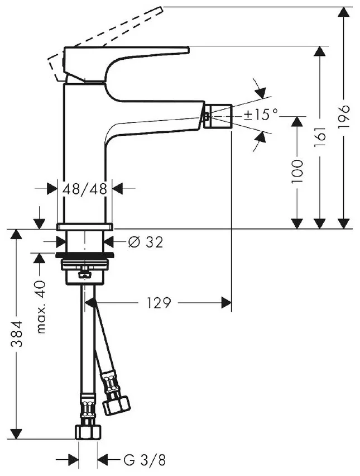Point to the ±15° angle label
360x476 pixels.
click(x=261, y=115)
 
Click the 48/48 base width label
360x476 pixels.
click(x=85, y=188)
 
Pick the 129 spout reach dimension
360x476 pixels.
click(x=159, y=303)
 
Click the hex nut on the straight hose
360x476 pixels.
click(x=87, y=432)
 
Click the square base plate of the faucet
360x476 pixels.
click(x=85, y=226)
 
